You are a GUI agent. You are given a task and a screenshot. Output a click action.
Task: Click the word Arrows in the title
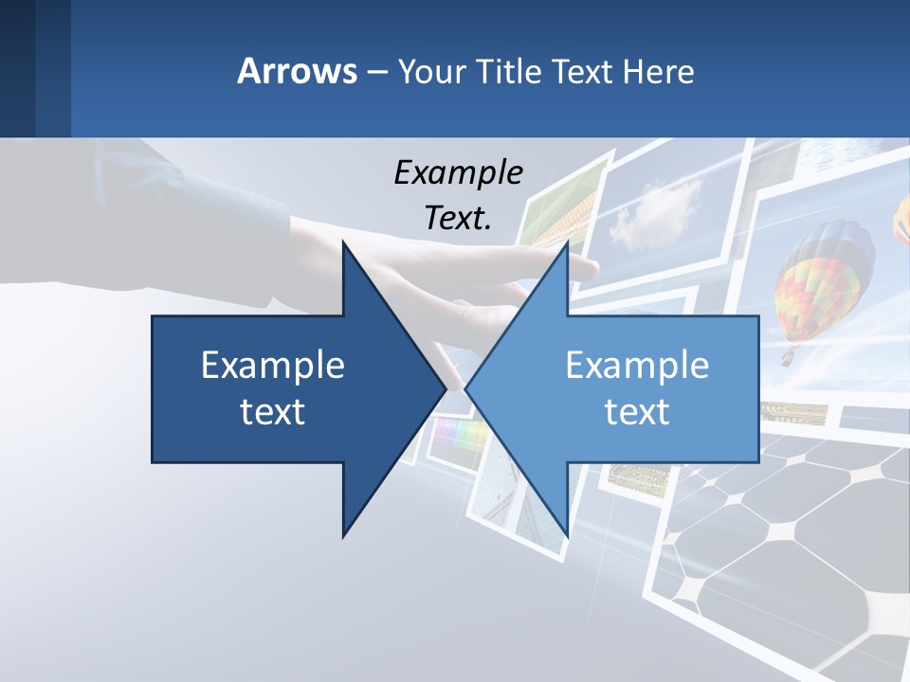click(297, 71)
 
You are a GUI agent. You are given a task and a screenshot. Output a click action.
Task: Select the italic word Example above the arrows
click(458, 172)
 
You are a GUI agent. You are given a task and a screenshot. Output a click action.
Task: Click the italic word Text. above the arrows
click(458, 218)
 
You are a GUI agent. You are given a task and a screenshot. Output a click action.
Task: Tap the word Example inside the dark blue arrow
click(273, 365)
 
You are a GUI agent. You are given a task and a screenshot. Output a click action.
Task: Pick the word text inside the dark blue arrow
click(273, 412)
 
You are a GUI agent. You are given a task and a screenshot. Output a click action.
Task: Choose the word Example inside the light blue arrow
click(637, 365)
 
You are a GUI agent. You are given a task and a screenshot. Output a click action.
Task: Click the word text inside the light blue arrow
click(637, 412)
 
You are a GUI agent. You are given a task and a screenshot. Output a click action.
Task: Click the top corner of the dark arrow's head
click(343, 242)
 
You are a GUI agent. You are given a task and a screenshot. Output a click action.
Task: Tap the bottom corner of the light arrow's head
click(567, 535)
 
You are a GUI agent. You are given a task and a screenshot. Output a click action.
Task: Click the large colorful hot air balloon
click(823, 279)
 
